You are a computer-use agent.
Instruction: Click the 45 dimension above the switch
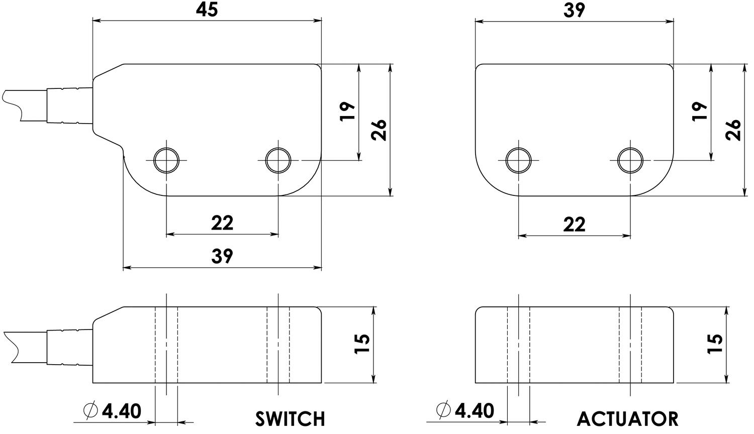(207, 10)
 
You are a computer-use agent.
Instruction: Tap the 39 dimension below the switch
(222, 256)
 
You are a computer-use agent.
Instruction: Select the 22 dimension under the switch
(222, 223)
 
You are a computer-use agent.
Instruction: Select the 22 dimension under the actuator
(574, 224)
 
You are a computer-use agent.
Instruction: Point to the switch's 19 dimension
(348, 111)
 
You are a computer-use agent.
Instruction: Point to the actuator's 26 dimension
(734, 130)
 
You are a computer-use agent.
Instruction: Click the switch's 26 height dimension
(380, 130)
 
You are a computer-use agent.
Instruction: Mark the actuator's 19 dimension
(700, 111)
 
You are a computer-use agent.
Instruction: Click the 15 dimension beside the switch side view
(362, 344)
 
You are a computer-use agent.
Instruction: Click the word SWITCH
(290, 418)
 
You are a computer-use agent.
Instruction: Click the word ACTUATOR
(627, 418)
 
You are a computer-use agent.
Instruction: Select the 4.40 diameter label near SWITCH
(113, 411)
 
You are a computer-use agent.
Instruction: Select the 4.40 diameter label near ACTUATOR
(465, 410)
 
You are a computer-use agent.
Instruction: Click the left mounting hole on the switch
(166, 160)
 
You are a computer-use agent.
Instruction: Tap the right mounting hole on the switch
(278, 160)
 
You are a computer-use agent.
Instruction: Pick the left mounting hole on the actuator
(519, 160)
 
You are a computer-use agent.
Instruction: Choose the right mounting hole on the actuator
(630, 160)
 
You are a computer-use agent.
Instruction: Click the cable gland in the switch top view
(69, 105)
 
